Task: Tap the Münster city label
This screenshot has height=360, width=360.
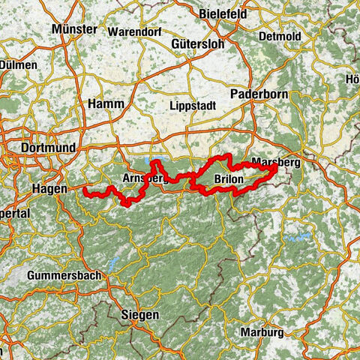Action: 75,29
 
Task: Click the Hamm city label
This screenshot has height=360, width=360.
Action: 106,103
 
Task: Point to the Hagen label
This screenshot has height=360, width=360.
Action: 49,190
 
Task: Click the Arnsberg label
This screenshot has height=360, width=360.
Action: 142,178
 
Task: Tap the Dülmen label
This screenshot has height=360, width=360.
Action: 18,65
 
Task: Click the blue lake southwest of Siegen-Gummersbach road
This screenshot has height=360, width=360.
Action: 113,264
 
